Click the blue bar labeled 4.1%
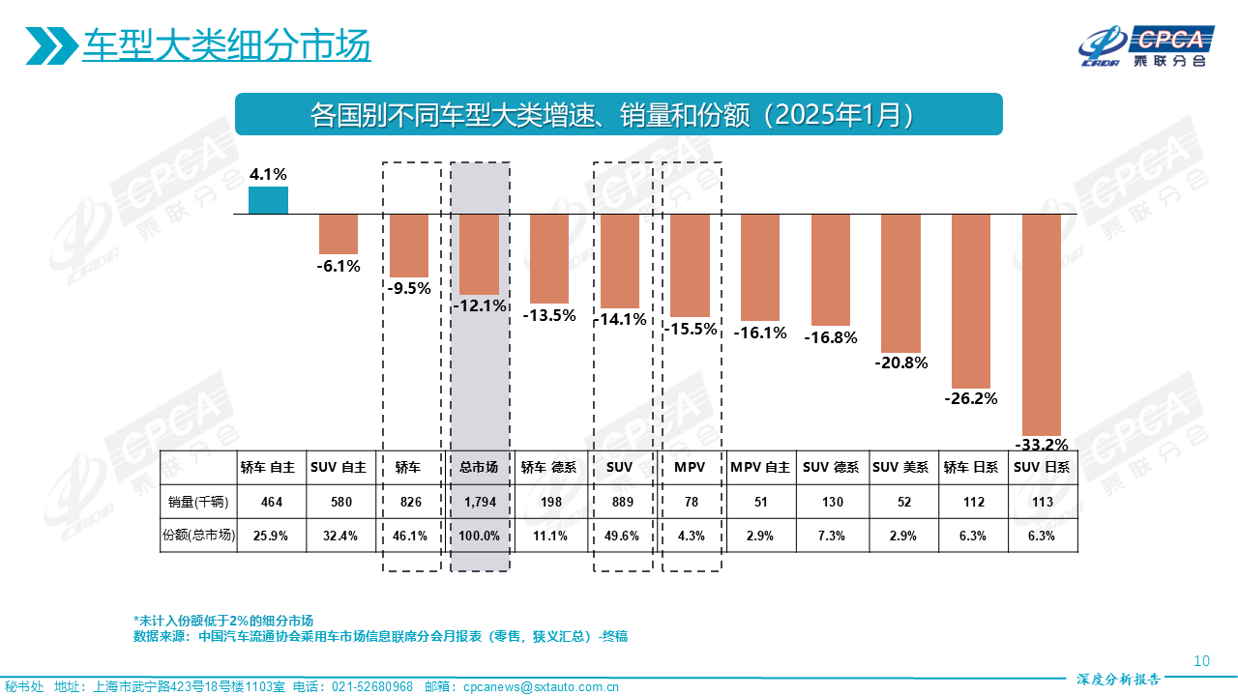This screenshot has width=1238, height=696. (x=268, y=200)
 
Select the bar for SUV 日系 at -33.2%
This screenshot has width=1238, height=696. (x=1042, y=324)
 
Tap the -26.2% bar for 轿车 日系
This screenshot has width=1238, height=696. (x=971, y=300)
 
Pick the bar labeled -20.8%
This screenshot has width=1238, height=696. (x=900, y=282)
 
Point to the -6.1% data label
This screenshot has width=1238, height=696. (x=339, y=266)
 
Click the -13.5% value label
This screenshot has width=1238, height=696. (x=549, y=315)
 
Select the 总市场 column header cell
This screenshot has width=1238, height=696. (x=479, y=468)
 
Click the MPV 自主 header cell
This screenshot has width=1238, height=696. (x=760, y=468)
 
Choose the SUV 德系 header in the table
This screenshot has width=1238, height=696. (x=832, y=468)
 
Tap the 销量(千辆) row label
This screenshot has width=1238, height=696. (x=200, y=502)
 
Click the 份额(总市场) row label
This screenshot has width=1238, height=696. (x=200, y=536)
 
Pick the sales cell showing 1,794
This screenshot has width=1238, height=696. (x=479, y=502)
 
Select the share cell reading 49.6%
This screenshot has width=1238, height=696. (x=620, y=536)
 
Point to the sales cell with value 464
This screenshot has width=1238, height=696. (x=272, y=502)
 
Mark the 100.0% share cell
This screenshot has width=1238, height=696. (x=479, y=536)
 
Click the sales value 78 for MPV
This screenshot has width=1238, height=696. (x=691, y=502)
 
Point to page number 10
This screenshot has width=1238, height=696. (x=1202, y=662)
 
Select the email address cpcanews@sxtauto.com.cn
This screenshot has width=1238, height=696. (x=542, y=687)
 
